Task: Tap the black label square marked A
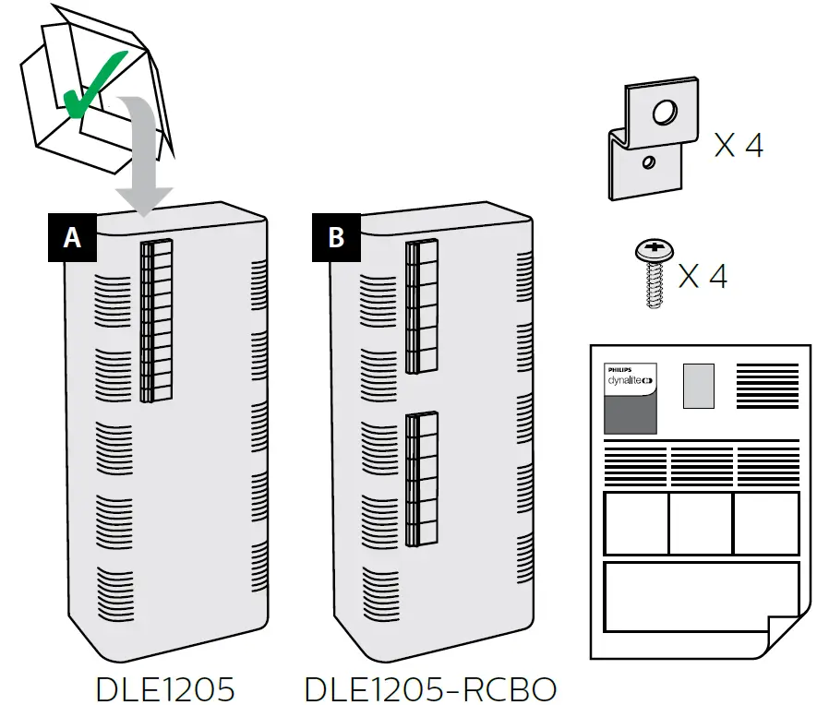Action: click(72, 237)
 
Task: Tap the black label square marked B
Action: click(336, 237)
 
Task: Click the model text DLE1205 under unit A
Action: click(165, 689)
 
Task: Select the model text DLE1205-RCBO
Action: click(430, 689)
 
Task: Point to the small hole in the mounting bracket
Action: click(650, 163)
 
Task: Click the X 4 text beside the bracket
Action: click(739, 145)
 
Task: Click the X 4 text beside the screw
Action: click(703, 275)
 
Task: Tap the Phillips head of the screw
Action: click(654, 249)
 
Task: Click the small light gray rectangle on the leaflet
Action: click(698, 386)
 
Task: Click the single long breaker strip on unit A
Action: click(156, 322)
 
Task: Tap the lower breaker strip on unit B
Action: click(421, 477)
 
